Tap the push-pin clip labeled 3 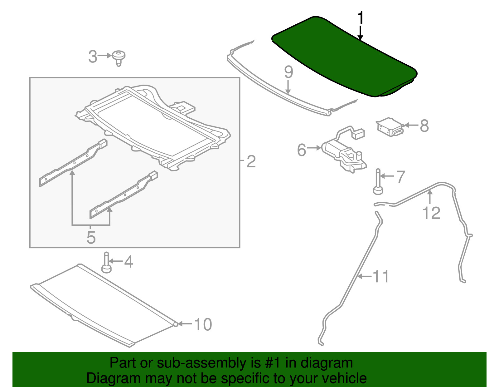pos(119,58)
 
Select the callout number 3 pos(93,57)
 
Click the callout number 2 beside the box pos(251,161)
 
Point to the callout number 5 pos(91,238)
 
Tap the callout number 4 pos(128,262)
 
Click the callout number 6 pos(302,150)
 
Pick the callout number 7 pos(400,177)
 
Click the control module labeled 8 pos(390,127)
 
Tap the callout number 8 pos(424,126)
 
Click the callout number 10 pos(203,324)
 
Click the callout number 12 pos(431,213)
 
